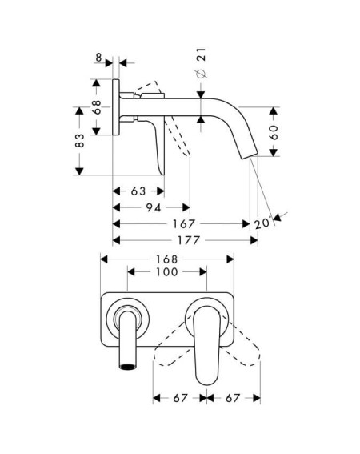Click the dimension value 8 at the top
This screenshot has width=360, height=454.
98,58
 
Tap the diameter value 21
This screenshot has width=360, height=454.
201,54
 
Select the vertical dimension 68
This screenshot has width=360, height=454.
97,107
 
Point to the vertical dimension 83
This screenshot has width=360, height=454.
79,140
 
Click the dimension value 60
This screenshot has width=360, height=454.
274,132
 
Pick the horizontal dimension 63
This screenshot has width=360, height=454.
138,191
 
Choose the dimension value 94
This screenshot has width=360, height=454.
154,207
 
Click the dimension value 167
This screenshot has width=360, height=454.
184,224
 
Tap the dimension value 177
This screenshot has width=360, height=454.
189,240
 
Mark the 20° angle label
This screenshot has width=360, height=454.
263,223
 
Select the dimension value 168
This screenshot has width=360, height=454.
167,259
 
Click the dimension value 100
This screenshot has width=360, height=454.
167,272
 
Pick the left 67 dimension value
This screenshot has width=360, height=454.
180,398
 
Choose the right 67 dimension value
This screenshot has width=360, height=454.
233,398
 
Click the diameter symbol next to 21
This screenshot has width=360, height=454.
202,74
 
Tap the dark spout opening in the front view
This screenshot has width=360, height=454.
128,367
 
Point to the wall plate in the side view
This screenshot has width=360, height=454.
116,106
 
